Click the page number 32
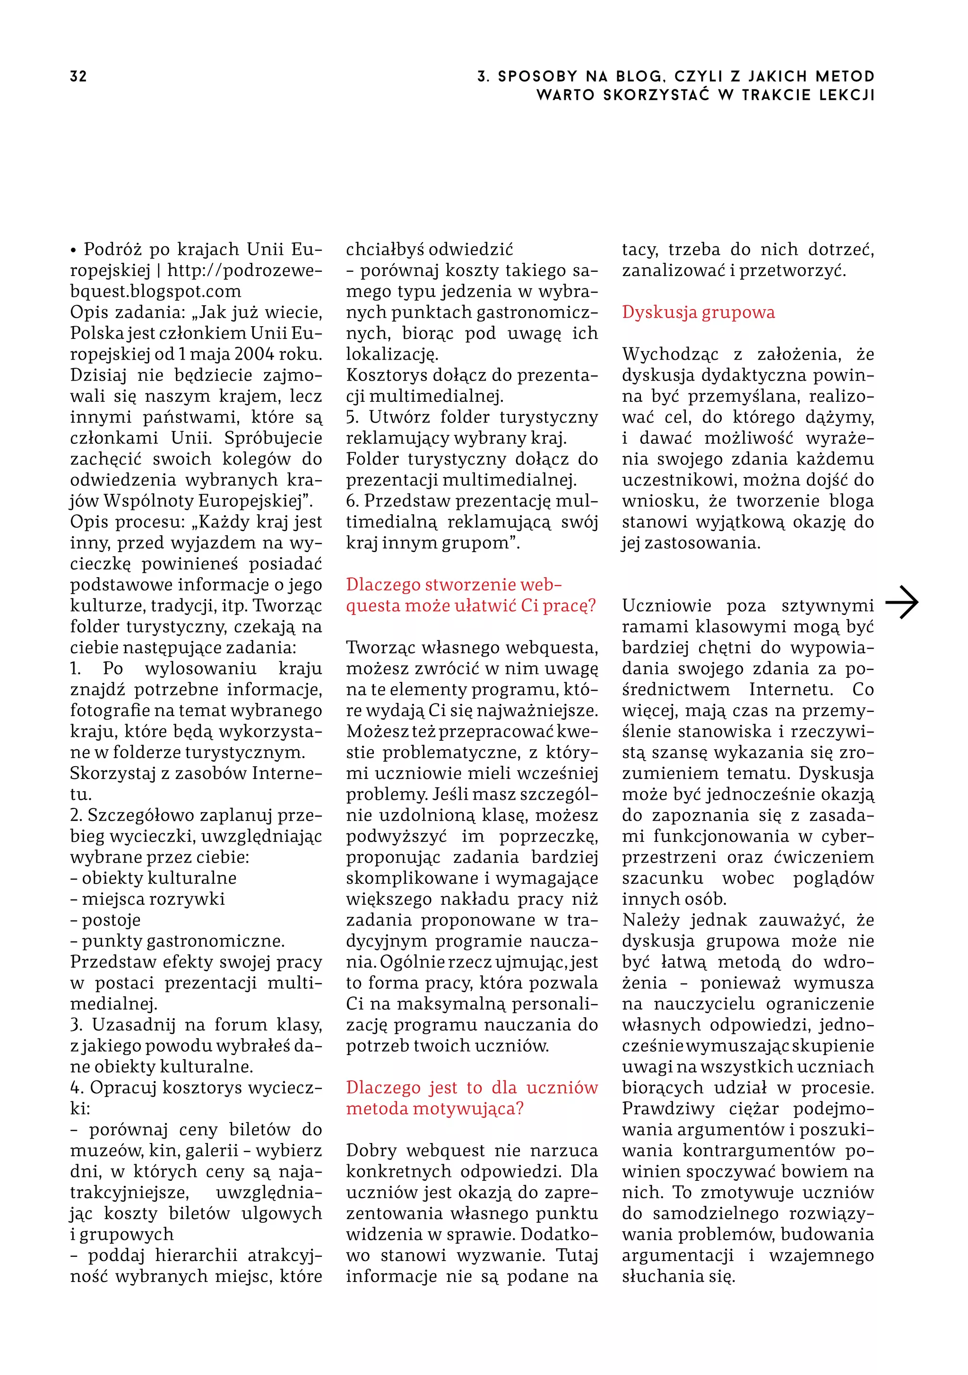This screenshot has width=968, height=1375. [78, 76]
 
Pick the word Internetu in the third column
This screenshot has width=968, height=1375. [791, 689]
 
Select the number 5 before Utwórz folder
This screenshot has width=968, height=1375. [352, 417]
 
